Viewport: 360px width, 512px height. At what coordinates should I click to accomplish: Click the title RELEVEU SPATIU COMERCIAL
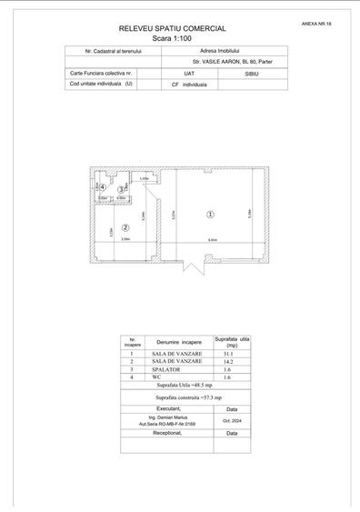[179, 29]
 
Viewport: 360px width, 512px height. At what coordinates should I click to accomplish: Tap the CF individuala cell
[188, 83]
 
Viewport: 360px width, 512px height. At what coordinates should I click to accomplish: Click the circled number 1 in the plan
[210, 216]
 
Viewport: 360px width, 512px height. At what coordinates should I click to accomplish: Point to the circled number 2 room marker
[126, 227]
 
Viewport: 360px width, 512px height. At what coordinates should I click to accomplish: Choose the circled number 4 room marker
[103, 187]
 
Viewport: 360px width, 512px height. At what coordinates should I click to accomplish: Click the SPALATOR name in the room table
[169, 370]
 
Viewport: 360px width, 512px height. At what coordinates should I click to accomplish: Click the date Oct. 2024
[232, 420]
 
